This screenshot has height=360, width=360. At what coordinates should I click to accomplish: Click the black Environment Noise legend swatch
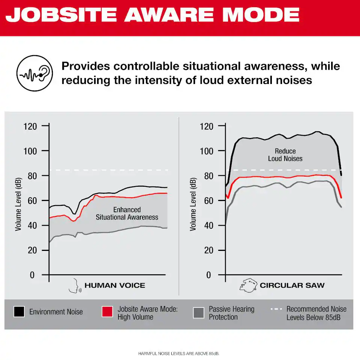coord(19,312)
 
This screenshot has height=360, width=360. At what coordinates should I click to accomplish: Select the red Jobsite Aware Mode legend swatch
coord(108,312)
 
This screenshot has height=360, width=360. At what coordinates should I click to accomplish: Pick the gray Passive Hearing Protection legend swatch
coord(199,312)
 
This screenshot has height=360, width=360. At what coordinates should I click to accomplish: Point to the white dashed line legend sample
coord(276,309)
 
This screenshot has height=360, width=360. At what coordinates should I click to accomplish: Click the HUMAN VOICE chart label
coord(115,286)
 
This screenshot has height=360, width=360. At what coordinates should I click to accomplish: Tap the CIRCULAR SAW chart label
coord(292,286)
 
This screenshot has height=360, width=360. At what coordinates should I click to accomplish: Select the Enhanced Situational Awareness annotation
coord(127,213)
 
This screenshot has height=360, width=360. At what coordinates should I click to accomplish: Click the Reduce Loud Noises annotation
coord(285,155)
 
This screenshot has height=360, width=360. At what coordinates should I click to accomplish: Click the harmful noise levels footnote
coord(178,354)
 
